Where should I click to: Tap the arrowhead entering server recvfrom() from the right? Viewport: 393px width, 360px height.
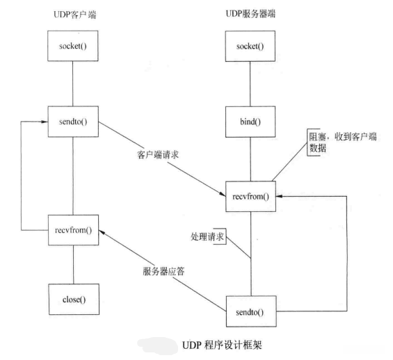point(281,197)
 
